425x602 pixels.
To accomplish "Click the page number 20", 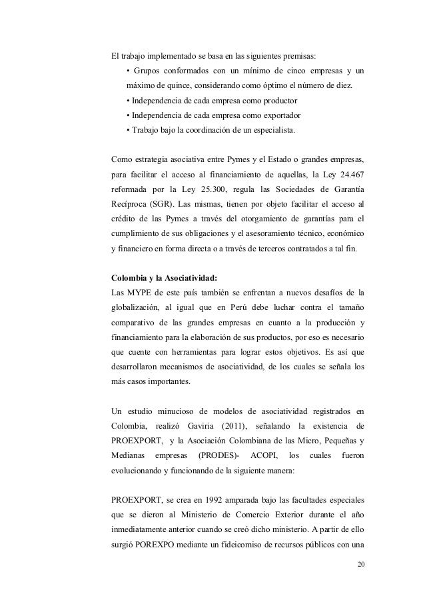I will (360, 565).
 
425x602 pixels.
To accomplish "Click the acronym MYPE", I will (139, 294).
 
